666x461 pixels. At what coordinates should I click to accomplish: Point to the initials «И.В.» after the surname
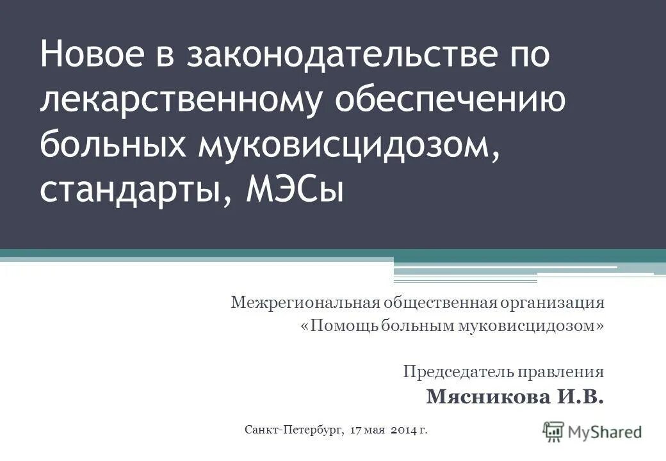580,397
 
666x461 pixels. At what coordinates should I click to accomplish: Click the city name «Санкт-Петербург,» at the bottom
295,429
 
